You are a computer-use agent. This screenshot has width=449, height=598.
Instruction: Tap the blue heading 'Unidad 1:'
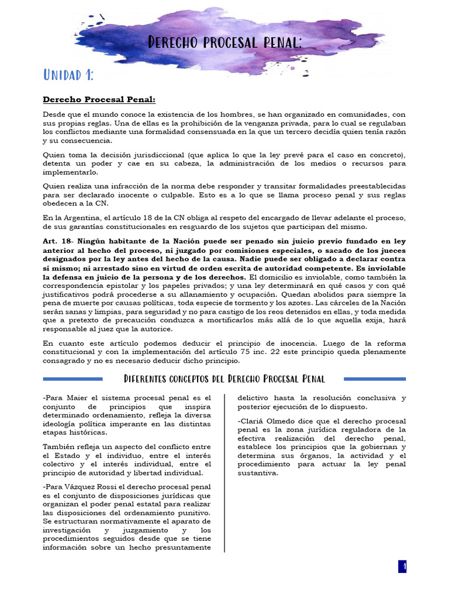68,75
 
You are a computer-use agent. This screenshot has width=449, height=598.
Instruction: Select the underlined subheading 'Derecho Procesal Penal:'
99,100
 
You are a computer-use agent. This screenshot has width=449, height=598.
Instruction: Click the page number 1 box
403,566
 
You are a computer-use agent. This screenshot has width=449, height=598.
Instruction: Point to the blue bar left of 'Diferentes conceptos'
80,379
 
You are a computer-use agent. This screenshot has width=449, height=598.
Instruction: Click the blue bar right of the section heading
374,379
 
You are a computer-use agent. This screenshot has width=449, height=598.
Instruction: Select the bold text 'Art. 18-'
58,241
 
